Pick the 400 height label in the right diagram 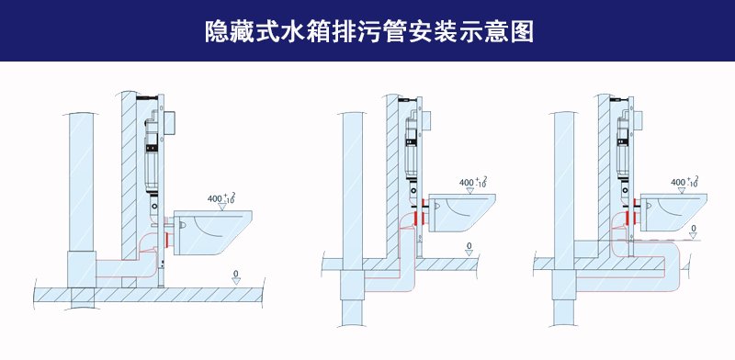(x=683, y=183)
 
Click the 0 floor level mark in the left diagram (x=236, y=275)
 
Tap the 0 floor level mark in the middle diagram (x=469, y=246)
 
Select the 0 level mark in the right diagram (x=693, y=228)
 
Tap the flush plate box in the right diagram (x=637, y=118)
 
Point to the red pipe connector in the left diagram (x=167, y=240)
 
